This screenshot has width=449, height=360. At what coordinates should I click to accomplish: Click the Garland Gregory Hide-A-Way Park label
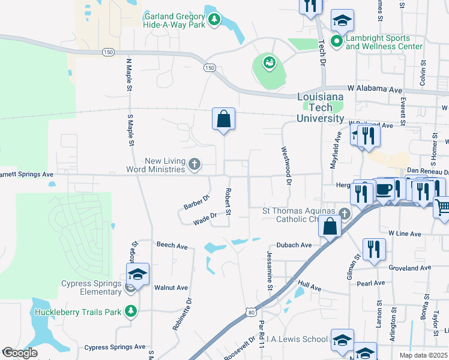tap(175, 21)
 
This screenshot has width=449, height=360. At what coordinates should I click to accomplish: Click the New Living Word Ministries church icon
tap(194, 163)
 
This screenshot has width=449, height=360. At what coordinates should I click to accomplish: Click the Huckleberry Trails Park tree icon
tap(130, 311)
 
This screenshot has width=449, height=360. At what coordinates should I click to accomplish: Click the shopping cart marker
tap(442, 208)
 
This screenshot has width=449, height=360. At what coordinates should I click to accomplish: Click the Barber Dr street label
tap(196, 203)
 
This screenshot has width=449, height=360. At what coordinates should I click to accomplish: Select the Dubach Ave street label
tap(294, 245)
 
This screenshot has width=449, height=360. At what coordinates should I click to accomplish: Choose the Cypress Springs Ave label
tap(115, 347)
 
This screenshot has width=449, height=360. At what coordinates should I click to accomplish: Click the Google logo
tap(20, 353)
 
